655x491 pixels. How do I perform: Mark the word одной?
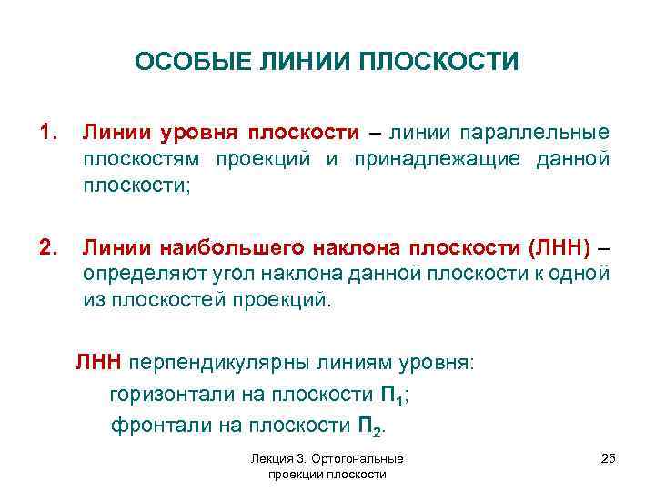pos(583,275)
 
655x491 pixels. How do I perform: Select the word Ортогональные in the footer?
pos(368,460)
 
